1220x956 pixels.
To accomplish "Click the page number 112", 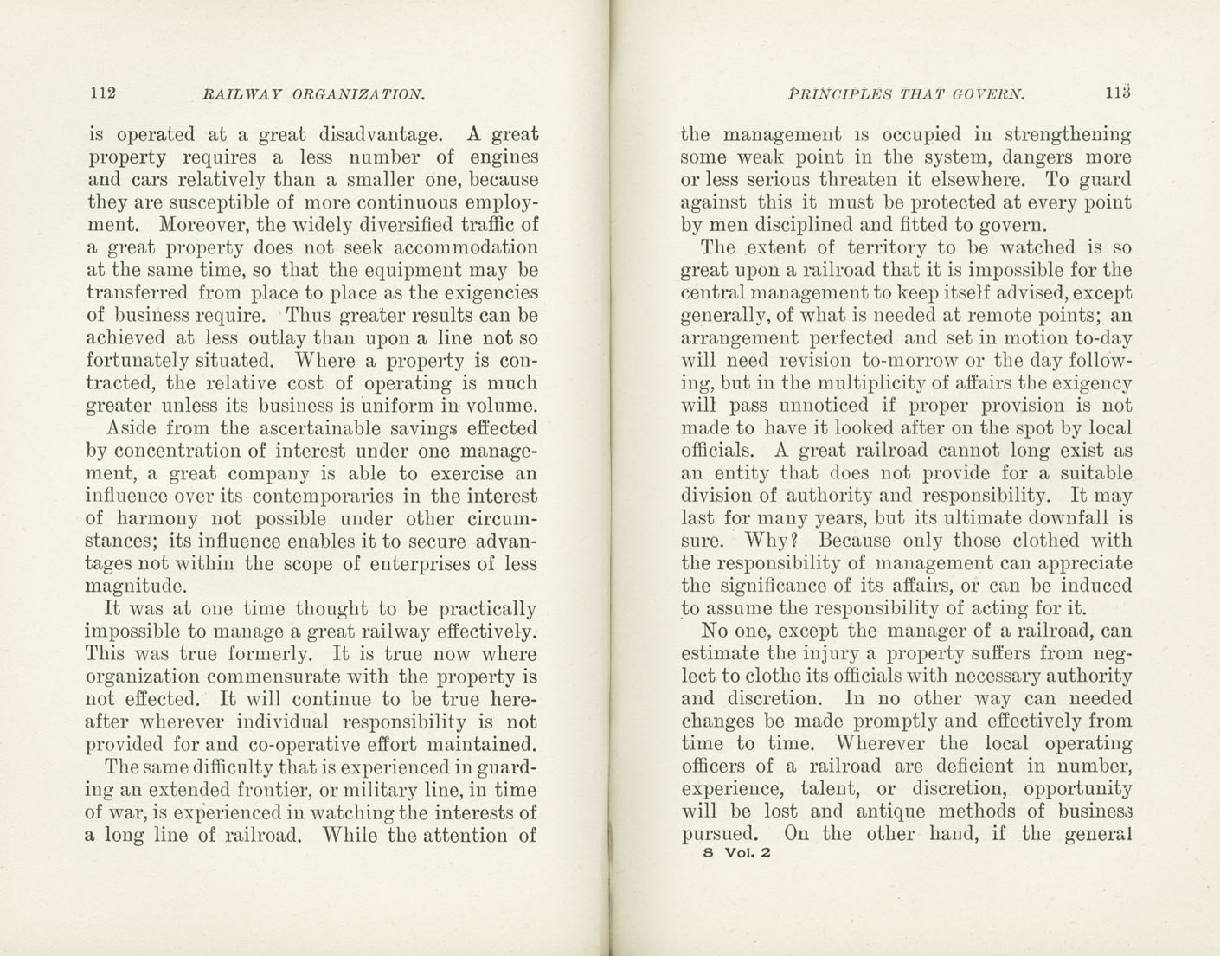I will [x=102, y=93].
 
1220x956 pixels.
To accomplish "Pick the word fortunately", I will [x=139, y=360].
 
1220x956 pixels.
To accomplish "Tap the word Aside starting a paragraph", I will [x=132, y=428].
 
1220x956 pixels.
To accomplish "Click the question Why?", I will [x=766, y=541].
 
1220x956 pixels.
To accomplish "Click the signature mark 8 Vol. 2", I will [x=725, y=851].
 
